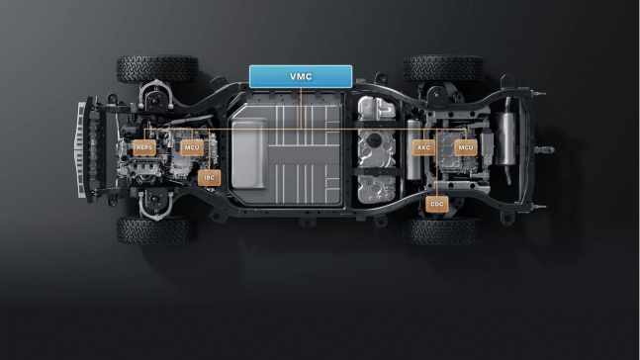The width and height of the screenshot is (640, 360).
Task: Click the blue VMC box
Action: point(301,76)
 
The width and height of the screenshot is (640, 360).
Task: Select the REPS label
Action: point(144,147)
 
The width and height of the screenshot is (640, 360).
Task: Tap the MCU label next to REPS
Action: point(192,147)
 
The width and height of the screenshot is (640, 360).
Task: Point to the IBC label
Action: point(210,178)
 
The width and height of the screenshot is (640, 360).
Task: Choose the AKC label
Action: point(423,147)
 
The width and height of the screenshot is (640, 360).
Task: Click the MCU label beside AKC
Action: point(466,147)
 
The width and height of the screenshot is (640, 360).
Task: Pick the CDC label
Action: point(437,204)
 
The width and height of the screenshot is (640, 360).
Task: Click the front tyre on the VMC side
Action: point(157,69)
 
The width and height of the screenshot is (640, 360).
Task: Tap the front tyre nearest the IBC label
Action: point(157,230)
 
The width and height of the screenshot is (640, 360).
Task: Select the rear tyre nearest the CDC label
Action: point(444,231)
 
